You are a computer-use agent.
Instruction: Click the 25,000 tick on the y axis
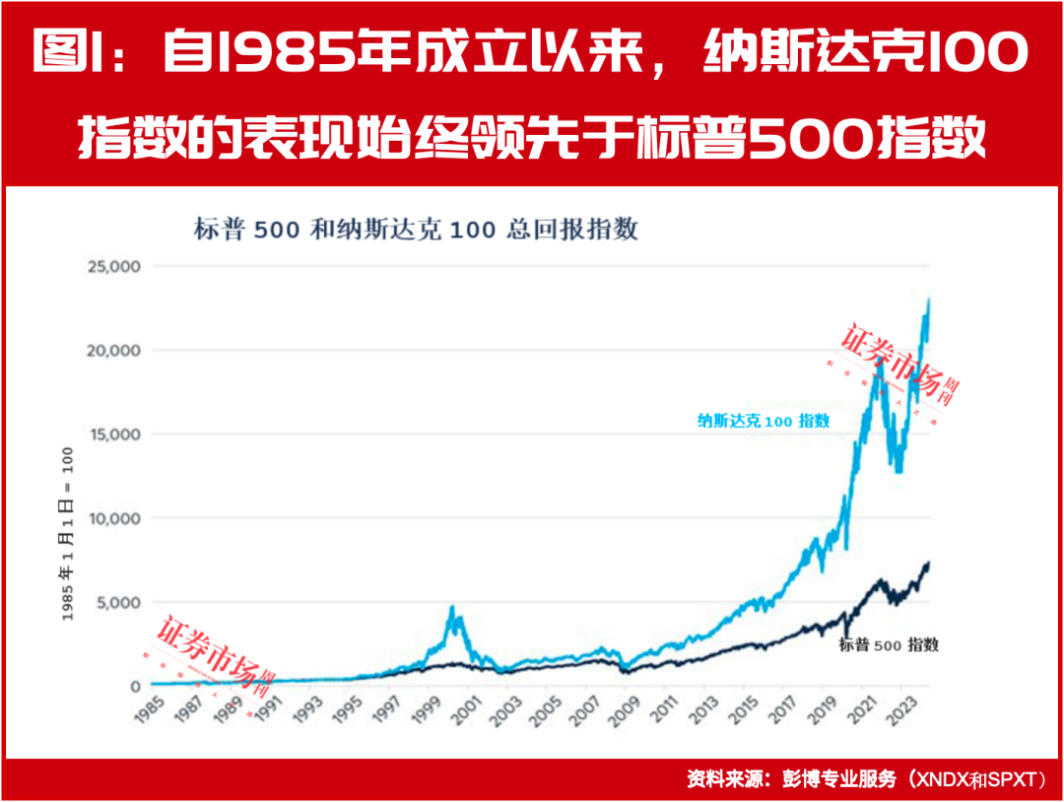click(113, 267)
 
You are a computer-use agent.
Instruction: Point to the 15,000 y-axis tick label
click(113, 434)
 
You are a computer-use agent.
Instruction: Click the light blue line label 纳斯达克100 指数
click(764, 421)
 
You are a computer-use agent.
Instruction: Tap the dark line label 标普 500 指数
click(889, 645)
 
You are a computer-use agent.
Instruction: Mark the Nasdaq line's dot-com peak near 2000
click(452, 608)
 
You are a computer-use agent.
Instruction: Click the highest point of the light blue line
click(928, 300)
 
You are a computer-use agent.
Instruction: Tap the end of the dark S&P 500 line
click(928, 564)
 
